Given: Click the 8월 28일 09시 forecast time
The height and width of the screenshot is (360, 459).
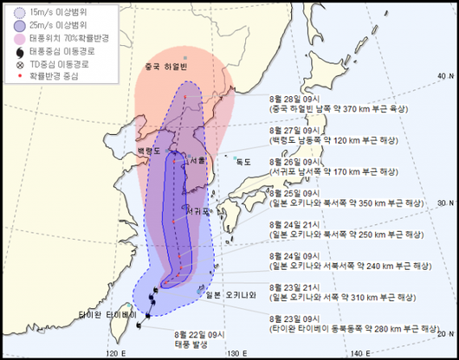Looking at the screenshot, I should [294, 99].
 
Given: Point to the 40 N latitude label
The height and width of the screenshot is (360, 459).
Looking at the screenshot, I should [444, 76].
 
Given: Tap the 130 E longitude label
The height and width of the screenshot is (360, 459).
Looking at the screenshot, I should [233, 352].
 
